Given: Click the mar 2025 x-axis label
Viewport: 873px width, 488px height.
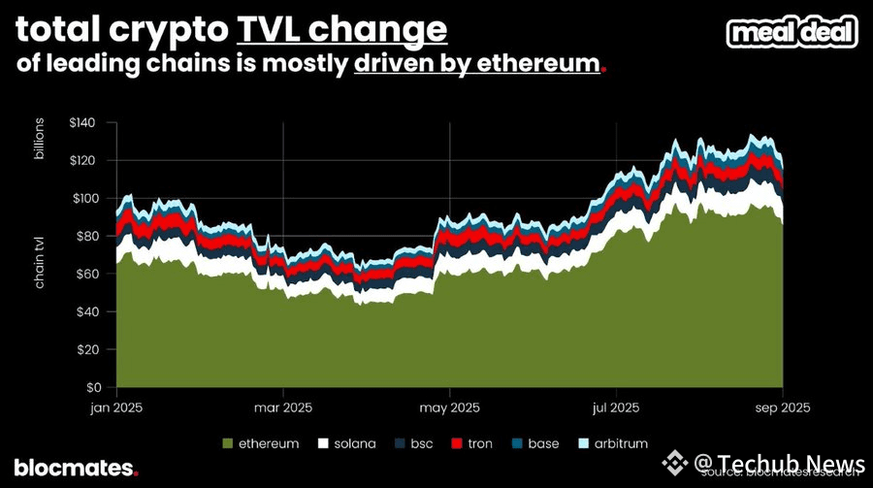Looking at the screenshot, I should click(282, 407).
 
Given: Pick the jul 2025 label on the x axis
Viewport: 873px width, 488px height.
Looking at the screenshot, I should click(616, 407).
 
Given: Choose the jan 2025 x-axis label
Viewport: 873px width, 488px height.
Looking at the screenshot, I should click(116, 407).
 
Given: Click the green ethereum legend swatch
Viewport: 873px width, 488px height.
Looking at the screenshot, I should click(229, 443).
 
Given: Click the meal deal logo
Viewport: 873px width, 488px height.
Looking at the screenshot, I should click(792, 31).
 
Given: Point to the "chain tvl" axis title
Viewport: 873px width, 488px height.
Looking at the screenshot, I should click(42, 262).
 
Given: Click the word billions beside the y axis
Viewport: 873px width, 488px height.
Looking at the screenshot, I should click(42, 139).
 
